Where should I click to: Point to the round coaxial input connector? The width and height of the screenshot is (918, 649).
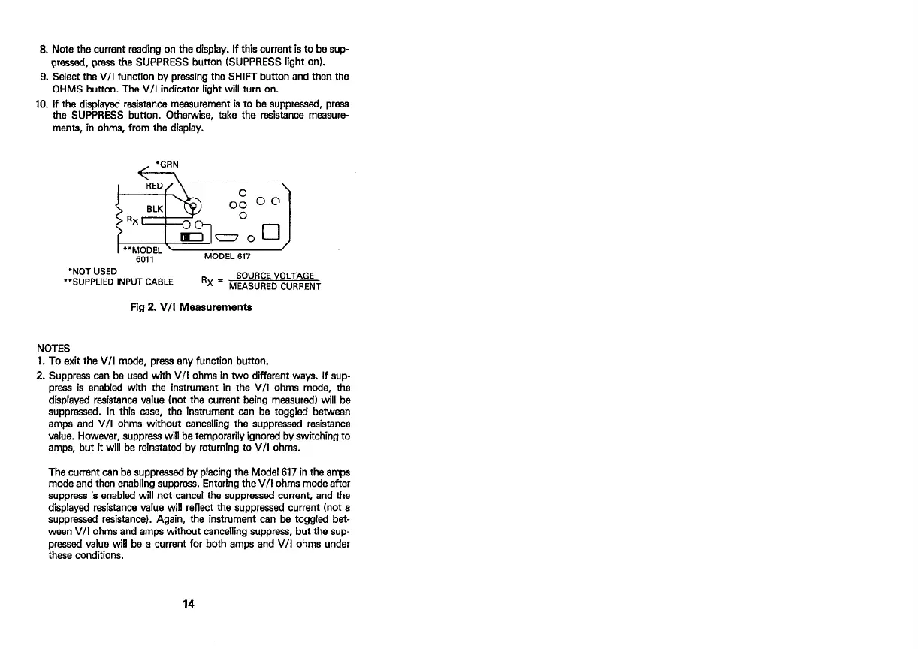192,207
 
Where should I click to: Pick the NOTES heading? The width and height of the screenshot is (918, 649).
53,348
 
